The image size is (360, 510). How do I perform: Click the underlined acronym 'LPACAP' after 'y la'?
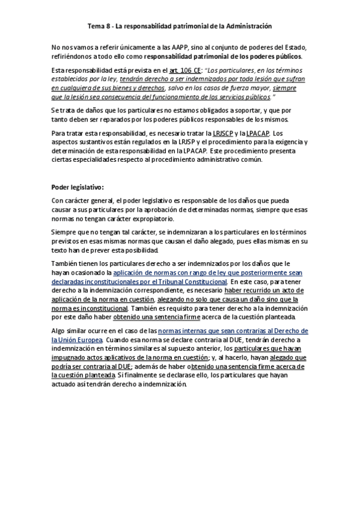[x=258, y=133]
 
